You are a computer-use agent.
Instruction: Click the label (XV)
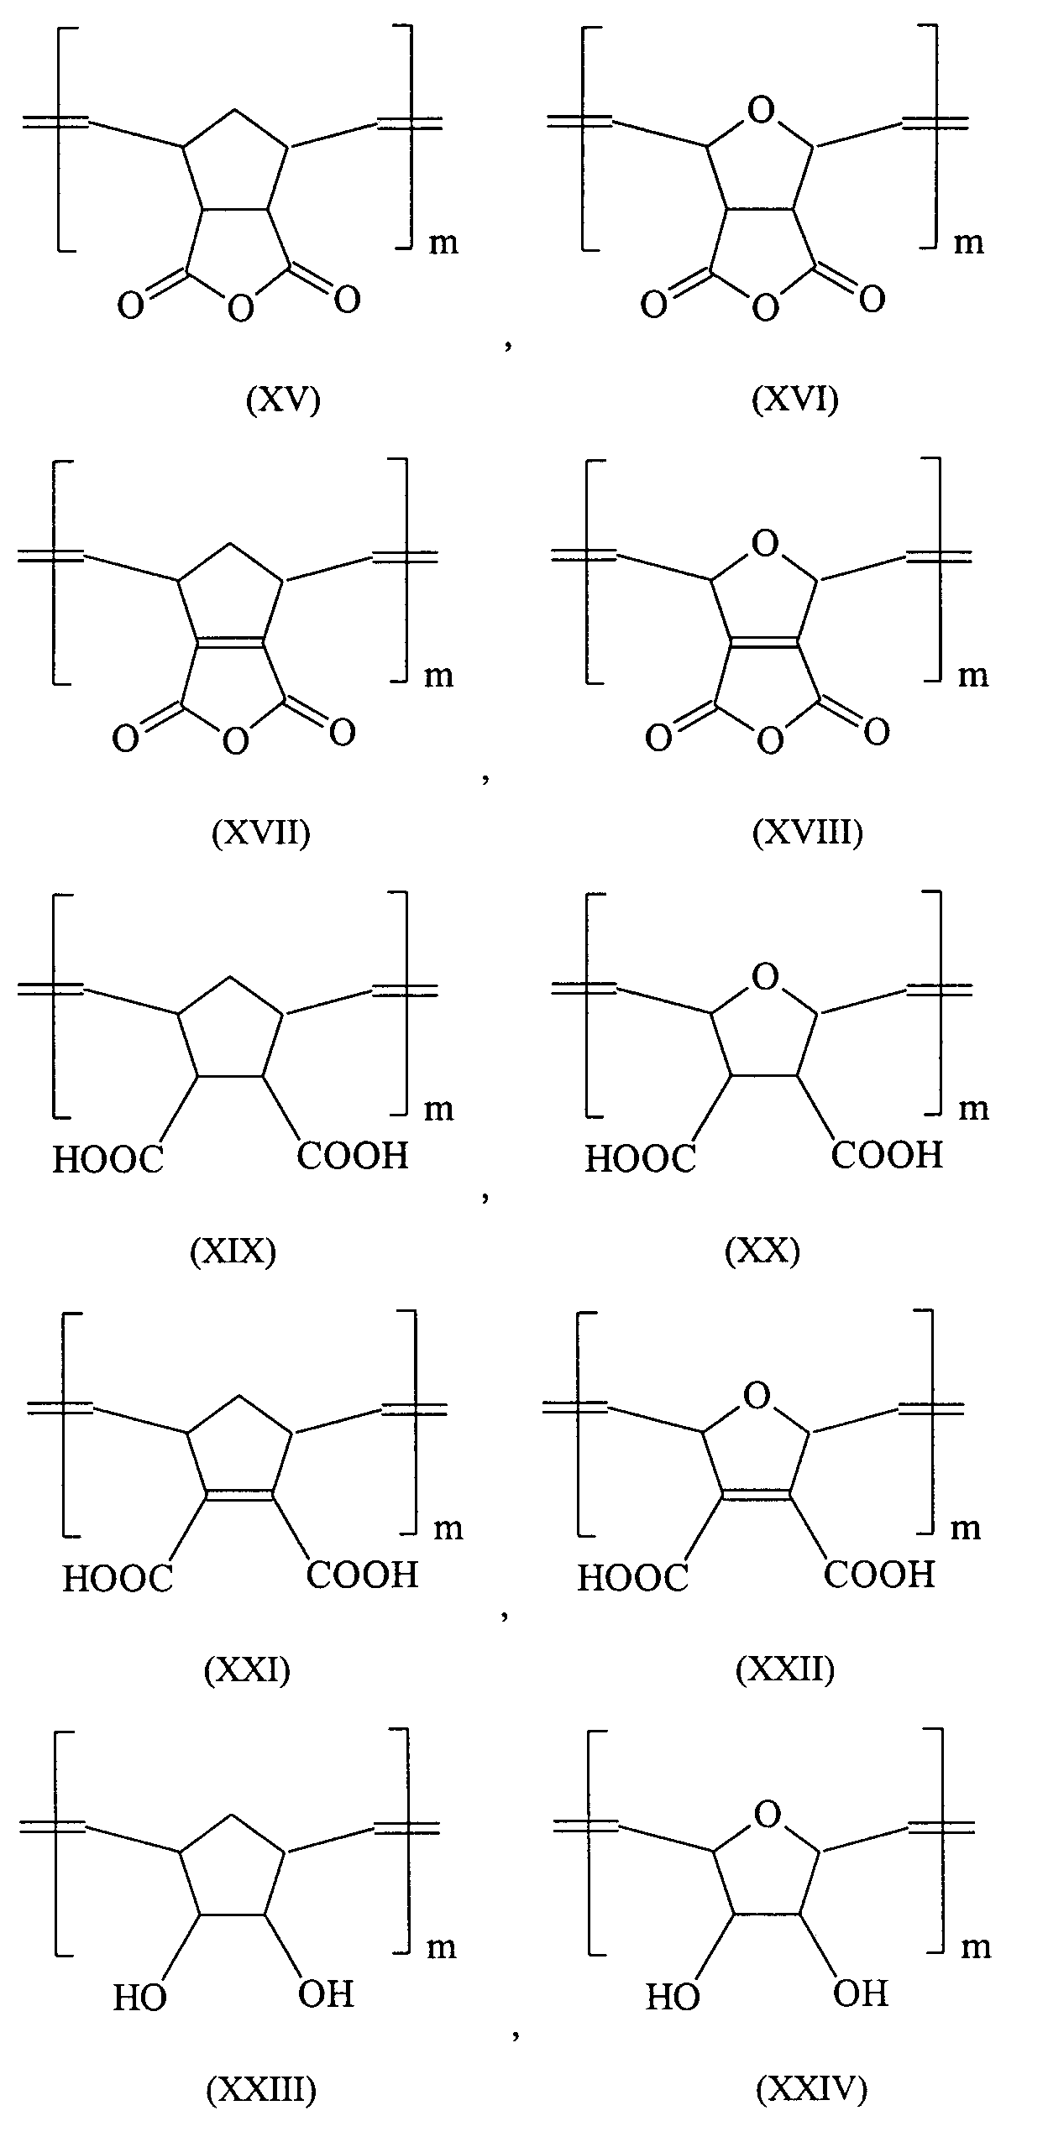point(283,400)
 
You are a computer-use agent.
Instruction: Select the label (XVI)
point(794,400)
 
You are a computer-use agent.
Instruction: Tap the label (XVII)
point(261,832)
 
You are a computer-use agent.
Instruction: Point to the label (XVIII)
point(807,832)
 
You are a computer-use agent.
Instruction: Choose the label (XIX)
point(233,1251)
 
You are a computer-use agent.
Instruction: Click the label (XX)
point(762,1251)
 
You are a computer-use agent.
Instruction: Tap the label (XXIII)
point(261,2089)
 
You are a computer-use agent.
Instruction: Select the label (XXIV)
point(811,2089)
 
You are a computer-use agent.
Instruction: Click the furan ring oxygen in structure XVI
point(759,111)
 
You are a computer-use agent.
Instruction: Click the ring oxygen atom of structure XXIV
point(767,1815)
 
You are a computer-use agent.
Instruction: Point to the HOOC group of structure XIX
point(107,1161)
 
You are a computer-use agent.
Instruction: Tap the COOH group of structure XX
point(887,1156)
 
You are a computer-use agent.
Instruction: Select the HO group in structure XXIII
point(140,1998)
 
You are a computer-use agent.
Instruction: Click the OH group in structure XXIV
point(860,1993)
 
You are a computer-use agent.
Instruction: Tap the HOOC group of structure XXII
point(632,1579)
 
